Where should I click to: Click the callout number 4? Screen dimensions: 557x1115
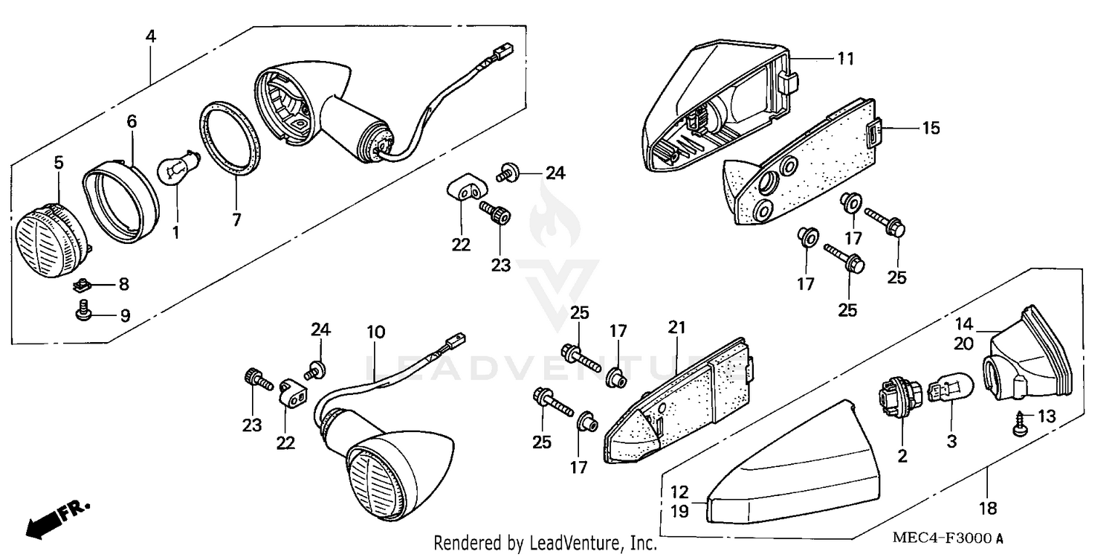point(151,36)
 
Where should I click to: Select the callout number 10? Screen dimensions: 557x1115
point(375,332)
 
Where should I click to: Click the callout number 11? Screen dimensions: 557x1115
point(845,57)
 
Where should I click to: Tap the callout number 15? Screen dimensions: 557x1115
point(930,128)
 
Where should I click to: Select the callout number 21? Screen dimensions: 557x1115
point(676,328)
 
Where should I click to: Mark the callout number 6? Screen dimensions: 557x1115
point(132,121)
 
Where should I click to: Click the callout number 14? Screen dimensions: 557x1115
point(964,323)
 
